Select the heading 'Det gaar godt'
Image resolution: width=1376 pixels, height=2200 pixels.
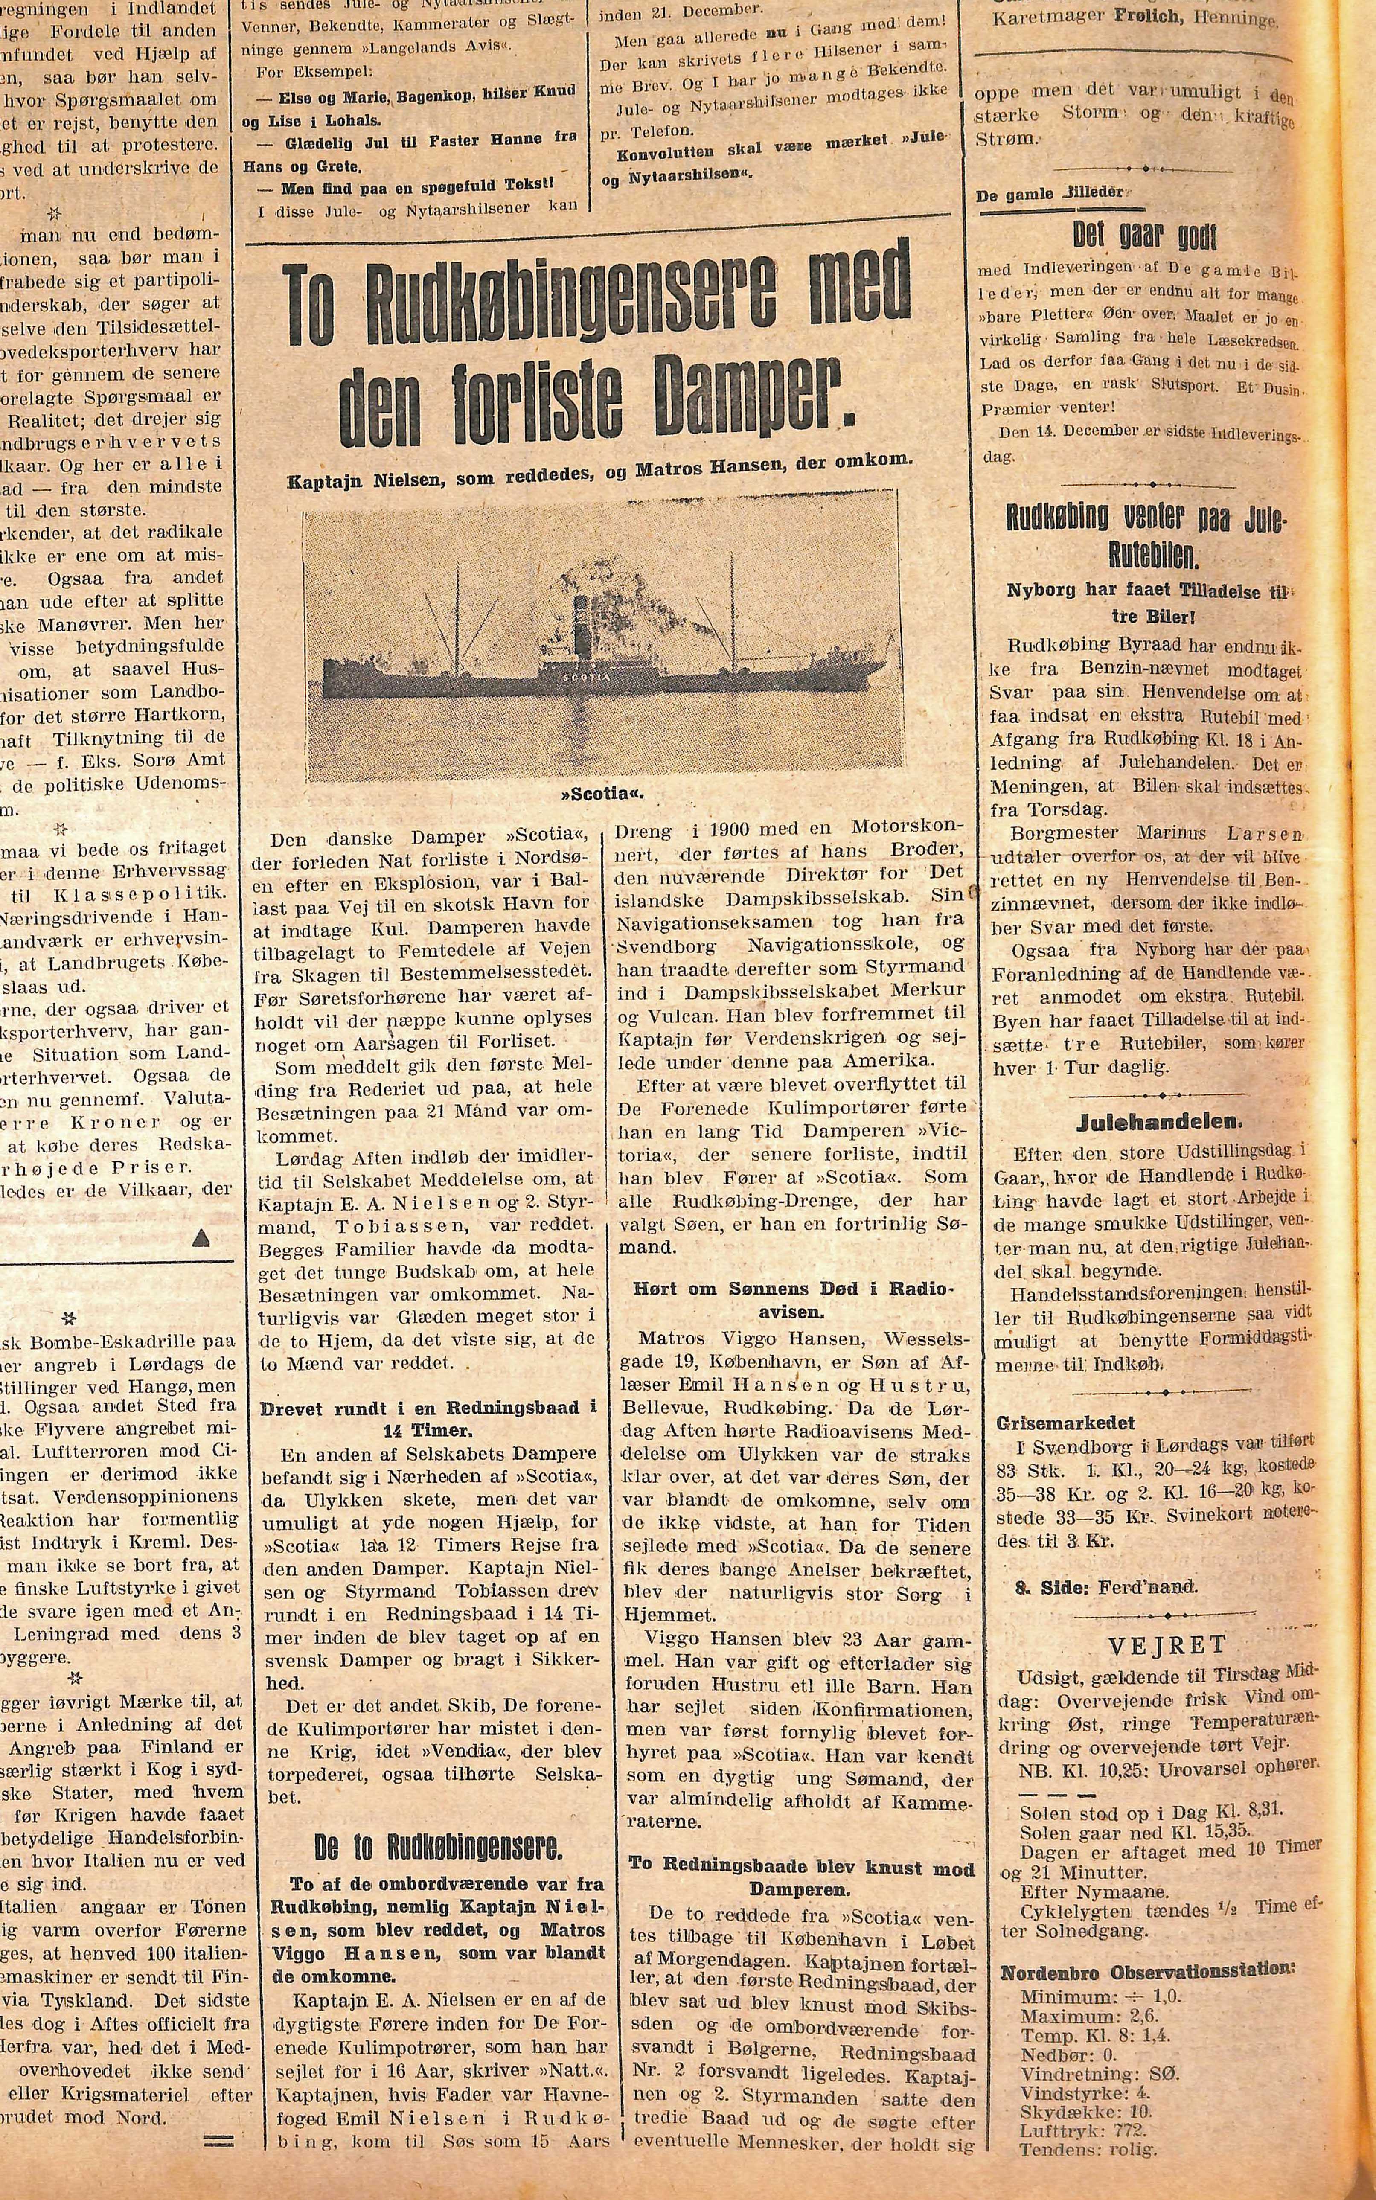[x=1144, y=236]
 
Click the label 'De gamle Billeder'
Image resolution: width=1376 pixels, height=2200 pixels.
[x=1049, y=194]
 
